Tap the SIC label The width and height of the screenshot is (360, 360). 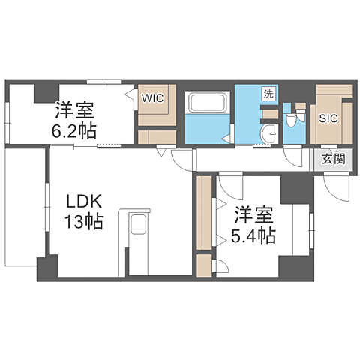pos(328,118)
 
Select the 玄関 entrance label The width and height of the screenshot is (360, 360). pos(334,158)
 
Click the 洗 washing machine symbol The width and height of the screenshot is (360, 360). pos(268,94)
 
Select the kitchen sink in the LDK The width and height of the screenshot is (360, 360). pos(138,227)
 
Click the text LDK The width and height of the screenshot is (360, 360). pos(80,202)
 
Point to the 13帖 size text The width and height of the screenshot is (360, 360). pos(83,223)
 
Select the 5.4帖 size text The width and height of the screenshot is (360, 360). pos(253,235)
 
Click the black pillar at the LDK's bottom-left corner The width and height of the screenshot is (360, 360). pos(47,268)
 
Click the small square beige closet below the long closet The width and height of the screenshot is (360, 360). pos(203,265)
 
